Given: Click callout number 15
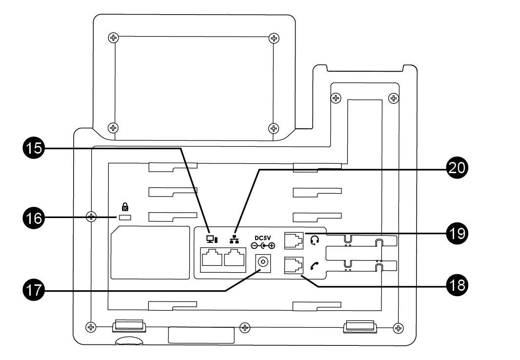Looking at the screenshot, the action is click(x=34, y=148).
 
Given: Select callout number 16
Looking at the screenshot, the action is click(x=34, y=219).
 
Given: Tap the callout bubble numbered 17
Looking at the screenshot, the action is click(x=34, y=290).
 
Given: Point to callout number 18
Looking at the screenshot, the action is click(x=457, y=285).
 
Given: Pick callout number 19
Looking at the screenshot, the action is click(x=457, y=233).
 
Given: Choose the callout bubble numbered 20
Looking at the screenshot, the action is click(x=457, y=168).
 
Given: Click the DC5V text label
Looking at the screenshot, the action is click(x=263, y=238).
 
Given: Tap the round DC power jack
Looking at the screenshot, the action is click(x=263, y=262).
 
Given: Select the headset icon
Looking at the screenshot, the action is click(x=315, y=240).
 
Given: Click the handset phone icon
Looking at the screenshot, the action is click(x=314, y=265).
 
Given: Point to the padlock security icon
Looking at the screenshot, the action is click(x=125, y=207).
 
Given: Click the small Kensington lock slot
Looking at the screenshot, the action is click(x=125, y=218).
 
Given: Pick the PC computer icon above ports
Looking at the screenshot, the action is click(x=212, y=239).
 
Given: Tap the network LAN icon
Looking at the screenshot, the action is click(x=234, y=239).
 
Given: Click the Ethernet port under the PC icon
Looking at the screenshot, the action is click(x=212, y=258).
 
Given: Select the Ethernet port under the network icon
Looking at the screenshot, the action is click(x=235, y=258).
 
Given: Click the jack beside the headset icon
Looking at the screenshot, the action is click(x=294, y=240).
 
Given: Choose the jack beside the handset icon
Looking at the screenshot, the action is click(x=294, y=265).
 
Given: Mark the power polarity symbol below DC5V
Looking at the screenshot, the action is click(x=263, y=246).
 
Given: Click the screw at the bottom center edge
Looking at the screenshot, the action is click(x=245, y=328).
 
